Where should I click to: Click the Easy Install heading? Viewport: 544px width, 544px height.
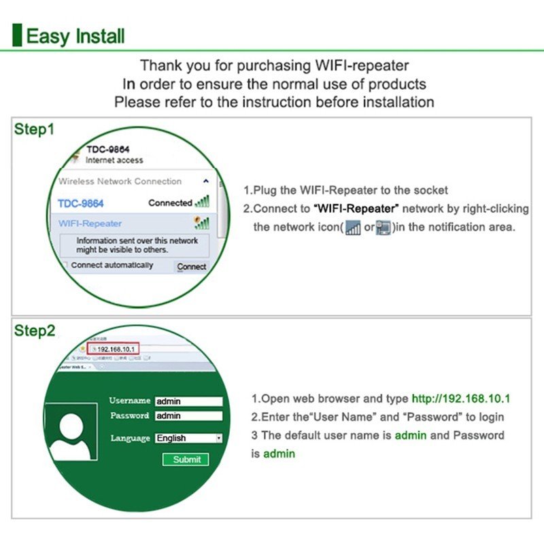tap(75, 35)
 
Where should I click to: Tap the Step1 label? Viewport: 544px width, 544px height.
tap(34, 129)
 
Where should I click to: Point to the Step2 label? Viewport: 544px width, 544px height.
tap(35, 331)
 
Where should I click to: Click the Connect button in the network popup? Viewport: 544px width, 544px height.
tap(191, 267)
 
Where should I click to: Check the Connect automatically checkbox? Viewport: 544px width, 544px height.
tap(65, 265)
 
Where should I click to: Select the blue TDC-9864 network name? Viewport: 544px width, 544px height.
tap(81, 203)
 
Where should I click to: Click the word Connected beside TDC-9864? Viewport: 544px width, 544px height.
tap(170, 203)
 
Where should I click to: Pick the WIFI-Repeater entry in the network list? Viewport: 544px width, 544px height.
tap(90, 223)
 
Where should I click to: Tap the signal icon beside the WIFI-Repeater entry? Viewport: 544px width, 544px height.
tap(201, 223)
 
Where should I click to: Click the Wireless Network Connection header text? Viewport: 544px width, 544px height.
tap(120, 182)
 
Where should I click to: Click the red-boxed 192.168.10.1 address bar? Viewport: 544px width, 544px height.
tap(116, 349)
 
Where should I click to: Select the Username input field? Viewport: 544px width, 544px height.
tap(188, 401)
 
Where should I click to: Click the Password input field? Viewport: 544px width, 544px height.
tap(188, 415)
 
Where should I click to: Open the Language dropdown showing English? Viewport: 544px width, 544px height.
tap(188, 438)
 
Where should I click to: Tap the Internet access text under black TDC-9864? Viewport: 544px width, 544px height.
tap(114, 160)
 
